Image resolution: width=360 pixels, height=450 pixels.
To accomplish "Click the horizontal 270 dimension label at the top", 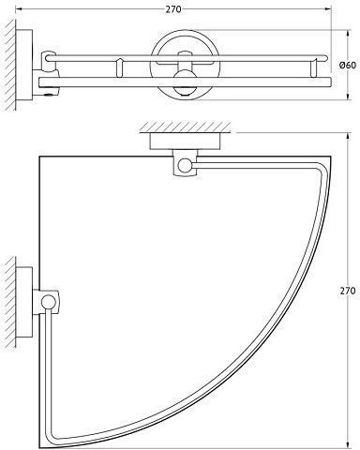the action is click(x=173, y=9).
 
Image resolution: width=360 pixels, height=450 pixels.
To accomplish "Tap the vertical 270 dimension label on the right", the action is click(x=348, y=291).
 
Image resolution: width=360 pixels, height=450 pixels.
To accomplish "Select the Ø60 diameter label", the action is click(x=347, y=66).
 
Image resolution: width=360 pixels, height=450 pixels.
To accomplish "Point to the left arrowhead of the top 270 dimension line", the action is click(x=18, y=9).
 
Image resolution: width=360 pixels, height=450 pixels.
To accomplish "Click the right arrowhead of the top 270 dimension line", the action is click(x=328, y=9).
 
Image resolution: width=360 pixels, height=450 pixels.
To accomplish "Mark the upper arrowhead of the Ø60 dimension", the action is click(x=348, y=33).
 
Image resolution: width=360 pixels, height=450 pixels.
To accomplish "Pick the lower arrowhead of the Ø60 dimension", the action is click(x=348, y=97).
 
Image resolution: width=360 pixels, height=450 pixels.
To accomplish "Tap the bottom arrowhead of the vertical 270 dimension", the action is click(x=348, y=445).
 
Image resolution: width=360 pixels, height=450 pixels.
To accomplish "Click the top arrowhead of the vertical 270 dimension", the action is click(x=348, y=136).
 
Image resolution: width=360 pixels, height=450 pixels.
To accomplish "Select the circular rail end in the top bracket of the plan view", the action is click(x=185, y=165).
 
